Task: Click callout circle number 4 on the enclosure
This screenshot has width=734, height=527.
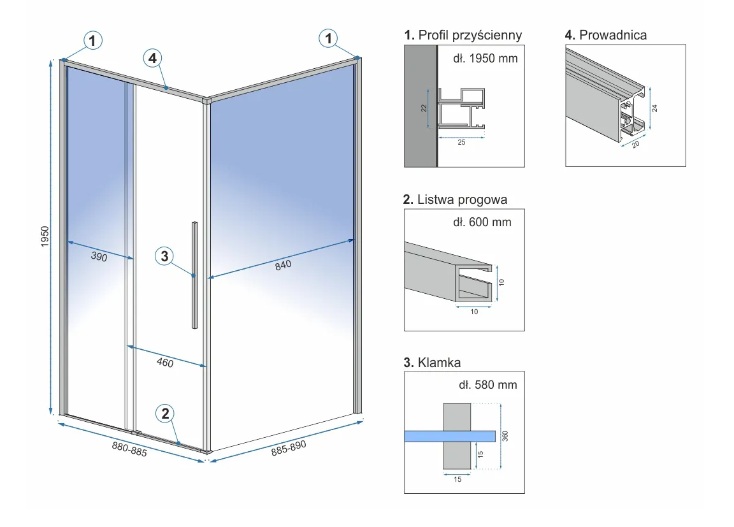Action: (x=152, y=59)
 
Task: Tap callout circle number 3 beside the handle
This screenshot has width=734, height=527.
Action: (x=164, y=256)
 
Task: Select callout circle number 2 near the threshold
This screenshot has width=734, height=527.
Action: (x=165, y=414)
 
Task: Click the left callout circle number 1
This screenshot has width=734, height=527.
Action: (x=93, y=41)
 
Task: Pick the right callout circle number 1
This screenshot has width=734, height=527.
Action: (x=328, y=39)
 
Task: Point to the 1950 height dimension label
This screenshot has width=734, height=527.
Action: (x=45, y=237)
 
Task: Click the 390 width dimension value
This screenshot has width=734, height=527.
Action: (x=98, y=257)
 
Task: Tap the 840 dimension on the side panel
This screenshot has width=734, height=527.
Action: (x=283, y=264)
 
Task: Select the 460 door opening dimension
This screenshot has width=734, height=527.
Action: (x=165, y=363)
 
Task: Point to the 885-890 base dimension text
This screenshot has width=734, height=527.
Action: (x=289, y=447)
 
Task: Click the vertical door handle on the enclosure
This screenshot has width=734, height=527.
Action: (x=194, y=275)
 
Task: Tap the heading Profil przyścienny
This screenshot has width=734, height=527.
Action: (x=463, y=35)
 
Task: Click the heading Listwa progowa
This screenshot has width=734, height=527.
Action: (x=456, y=199)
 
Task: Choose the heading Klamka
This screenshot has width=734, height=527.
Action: (x=433, y=363)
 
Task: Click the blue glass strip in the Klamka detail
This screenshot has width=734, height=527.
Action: (x=450, y=436)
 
